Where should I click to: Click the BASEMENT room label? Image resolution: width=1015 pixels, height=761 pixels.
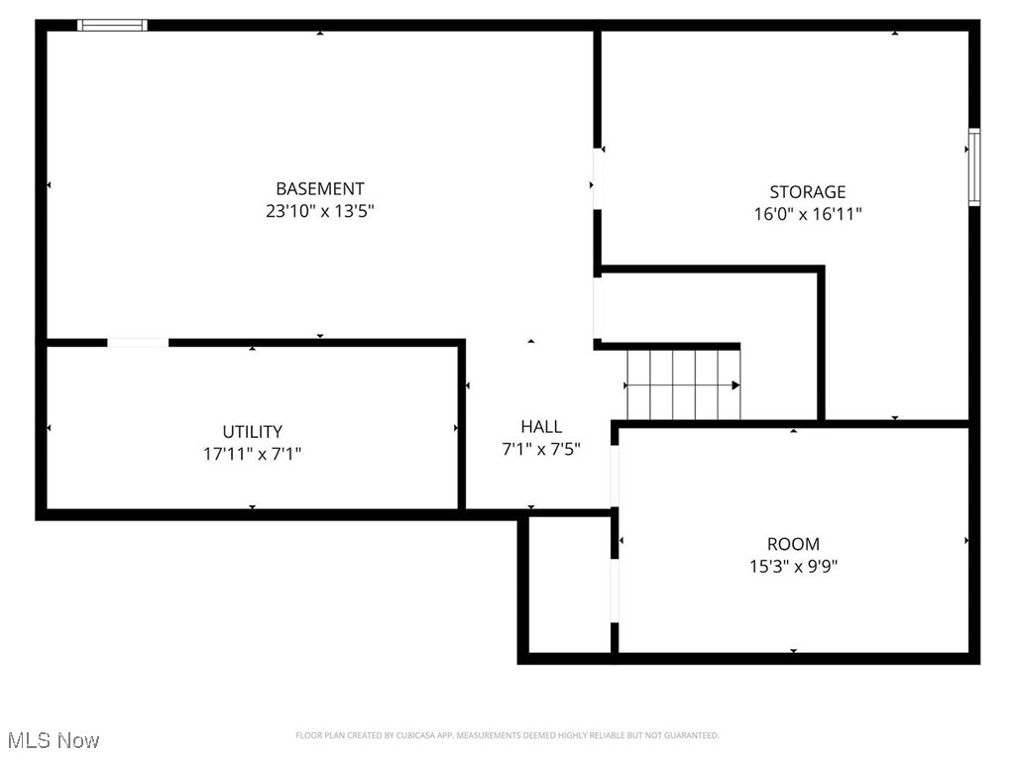pos(319,188)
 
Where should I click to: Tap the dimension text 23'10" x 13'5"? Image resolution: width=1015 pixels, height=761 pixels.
pos(319,211)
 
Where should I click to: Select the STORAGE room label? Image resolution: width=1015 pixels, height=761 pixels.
pos(808,191)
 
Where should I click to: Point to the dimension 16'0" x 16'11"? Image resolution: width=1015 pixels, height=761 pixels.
pos(808,214)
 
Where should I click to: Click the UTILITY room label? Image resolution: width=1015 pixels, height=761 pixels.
pos(252,432)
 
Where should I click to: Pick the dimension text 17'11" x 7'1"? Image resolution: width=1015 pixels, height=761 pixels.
pos(252,455)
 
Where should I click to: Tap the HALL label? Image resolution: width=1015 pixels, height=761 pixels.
pos(541,426)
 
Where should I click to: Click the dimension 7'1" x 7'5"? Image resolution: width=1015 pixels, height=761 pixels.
pos(541,449)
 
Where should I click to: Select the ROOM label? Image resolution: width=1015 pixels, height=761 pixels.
pos(793,544)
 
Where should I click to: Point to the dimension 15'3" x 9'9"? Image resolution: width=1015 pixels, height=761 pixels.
pos(793,567)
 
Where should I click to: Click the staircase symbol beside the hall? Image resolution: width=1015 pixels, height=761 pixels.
pos(683,384)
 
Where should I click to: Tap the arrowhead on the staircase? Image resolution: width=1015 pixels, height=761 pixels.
pos(735,384)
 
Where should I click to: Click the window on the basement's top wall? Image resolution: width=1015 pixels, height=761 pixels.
pos(112,25)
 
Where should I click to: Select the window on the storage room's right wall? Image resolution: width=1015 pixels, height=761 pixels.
pos(974,166)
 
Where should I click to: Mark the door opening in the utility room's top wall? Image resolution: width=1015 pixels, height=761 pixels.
pos(138,343)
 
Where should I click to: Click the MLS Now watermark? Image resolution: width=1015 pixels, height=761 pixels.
pos(54,740)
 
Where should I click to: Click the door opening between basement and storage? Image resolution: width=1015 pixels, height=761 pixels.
pos(597,178)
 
